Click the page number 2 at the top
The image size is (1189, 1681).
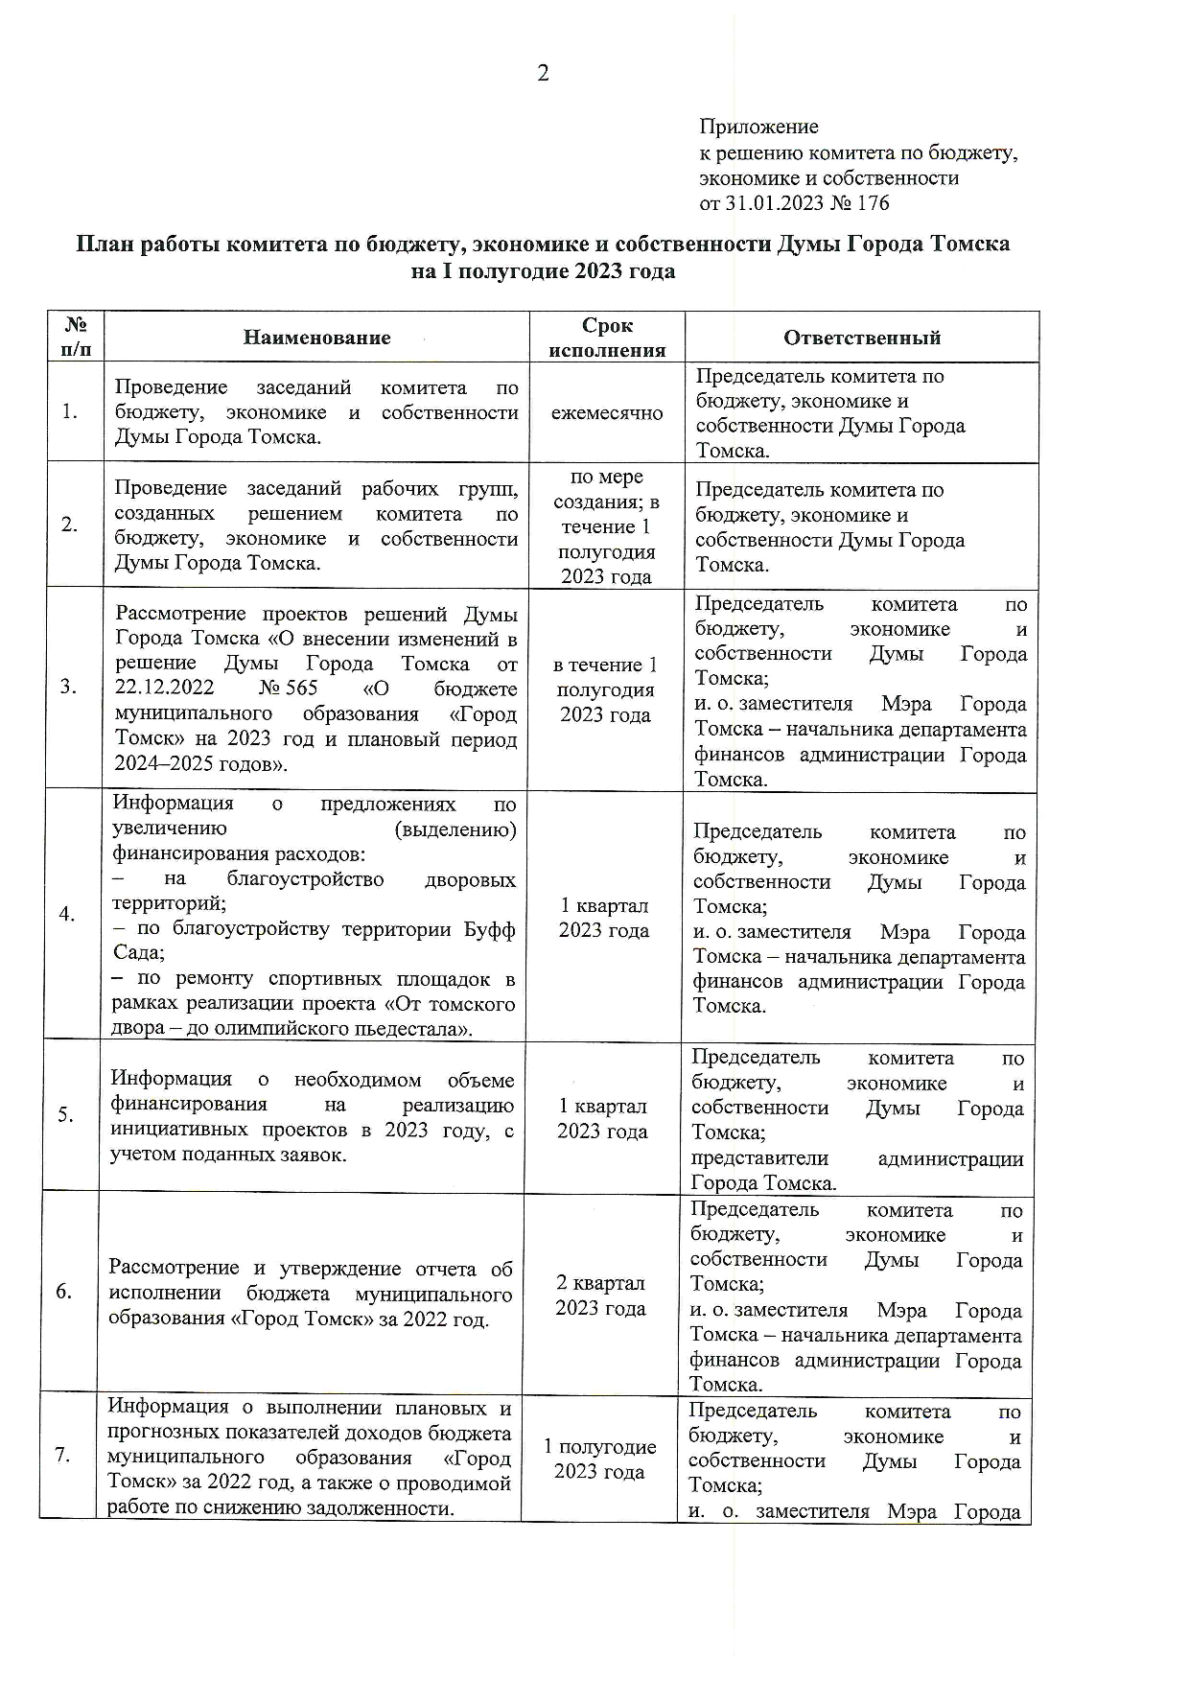click(x=544, y=74)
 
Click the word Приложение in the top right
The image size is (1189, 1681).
click(x=758, y=127)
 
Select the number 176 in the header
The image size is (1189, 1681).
click(x=874, y=203)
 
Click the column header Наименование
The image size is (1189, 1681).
click(x=316, y=338)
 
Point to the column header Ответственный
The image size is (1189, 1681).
click(x=861, y=338)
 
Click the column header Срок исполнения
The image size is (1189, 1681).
click(x=607, y=338)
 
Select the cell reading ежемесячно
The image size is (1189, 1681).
click(x=606, y=413)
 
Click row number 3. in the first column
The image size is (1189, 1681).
click(x=69, y=687)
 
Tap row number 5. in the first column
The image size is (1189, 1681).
click(x=65, y=1114)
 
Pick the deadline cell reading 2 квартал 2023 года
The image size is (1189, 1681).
click(x=601, y=1296)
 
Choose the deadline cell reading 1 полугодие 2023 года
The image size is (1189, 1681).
click(x=599, y=1459)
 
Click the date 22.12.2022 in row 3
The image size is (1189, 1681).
click(x=164, y=689)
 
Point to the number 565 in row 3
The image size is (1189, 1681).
click(x=301, y=689)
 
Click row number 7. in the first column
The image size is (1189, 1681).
click(x=63, y=1456)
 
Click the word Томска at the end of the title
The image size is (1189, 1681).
click(x=971, y=245)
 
